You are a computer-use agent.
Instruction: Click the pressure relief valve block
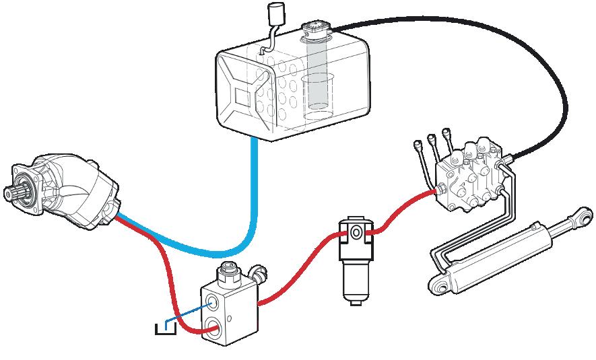229,306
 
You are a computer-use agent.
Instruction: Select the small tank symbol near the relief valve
164,329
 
